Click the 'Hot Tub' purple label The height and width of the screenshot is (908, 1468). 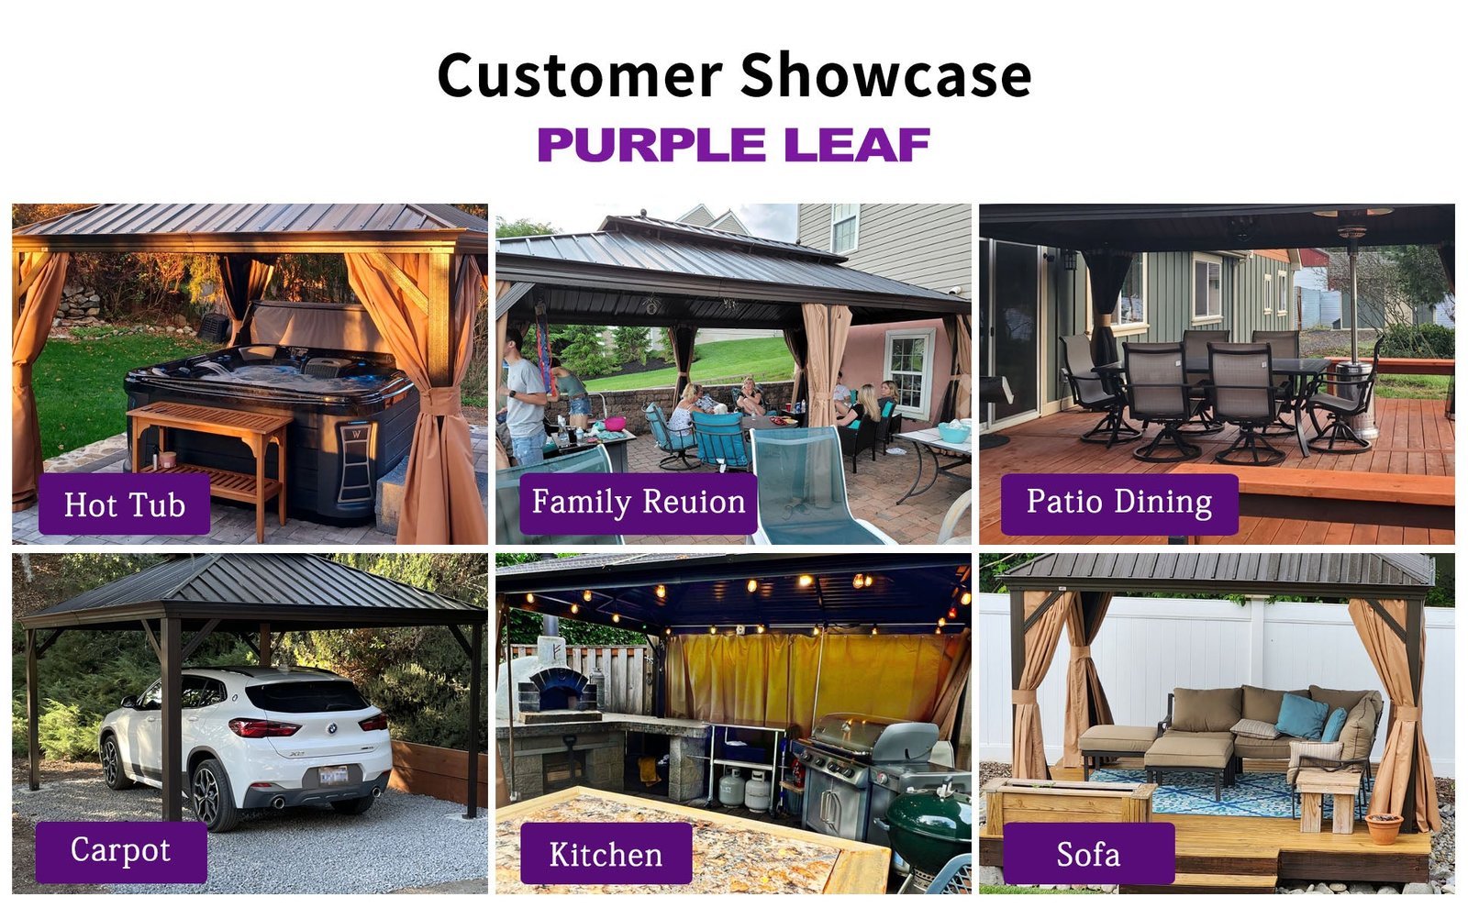point(124,504)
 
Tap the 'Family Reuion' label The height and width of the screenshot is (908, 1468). point(639,503)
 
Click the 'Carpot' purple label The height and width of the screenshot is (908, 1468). point(121,852)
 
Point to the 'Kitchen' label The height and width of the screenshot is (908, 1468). point(606,853)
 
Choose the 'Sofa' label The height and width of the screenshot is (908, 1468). point(1088,853)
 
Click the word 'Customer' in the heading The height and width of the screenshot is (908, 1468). point(580,75)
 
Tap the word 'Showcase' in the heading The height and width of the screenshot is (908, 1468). point(886,75)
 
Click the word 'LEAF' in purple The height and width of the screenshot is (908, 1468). point(857,144)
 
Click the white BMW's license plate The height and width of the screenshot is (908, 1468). point(333,775)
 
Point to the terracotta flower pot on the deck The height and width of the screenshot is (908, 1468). point(1384,828)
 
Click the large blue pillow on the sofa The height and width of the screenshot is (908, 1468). point(1302,715)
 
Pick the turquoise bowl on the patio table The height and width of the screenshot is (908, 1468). point(953,432)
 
